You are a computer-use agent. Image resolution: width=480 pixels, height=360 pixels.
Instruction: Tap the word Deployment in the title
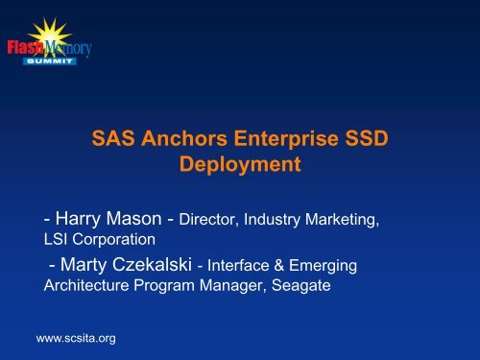click(x=241, y=164)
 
